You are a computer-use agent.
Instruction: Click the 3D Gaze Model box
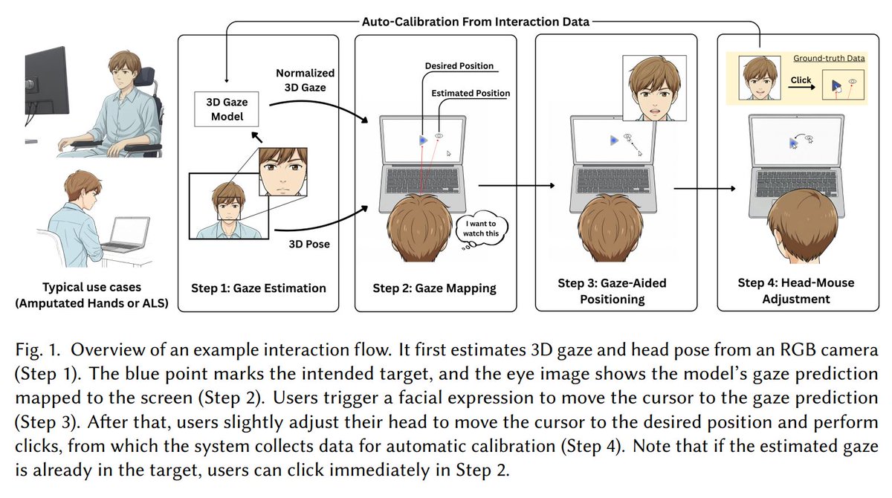[226, 109]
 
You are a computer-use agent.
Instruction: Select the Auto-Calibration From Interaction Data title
[476, 22]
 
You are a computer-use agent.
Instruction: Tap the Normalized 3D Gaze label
[305, 80]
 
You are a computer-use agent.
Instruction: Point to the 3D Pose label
[309, 244]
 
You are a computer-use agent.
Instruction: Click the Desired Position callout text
[459, 65]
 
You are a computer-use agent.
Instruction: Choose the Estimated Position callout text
[471, 93]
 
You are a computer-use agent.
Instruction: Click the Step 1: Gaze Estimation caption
[259, 288]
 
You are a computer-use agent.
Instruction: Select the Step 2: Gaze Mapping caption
[434, 288]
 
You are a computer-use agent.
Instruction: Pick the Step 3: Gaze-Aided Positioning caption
[612, 291]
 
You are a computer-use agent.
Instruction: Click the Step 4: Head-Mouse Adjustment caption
[796, 291]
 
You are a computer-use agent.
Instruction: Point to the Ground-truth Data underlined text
[829, 58]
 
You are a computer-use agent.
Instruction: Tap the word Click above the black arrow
[801, 80]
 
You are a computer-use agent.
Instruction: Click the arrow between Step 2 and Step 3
[517, 186]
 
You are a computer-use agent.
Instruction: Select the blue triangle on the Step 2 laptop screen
[423, 140]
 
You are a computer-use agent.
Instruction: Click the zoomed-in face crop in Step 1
[282, 172]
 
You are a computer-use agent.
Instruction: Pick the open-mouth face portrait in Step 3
[654, 88]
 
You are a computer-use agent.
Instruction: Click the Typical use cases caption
[91, 295]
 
